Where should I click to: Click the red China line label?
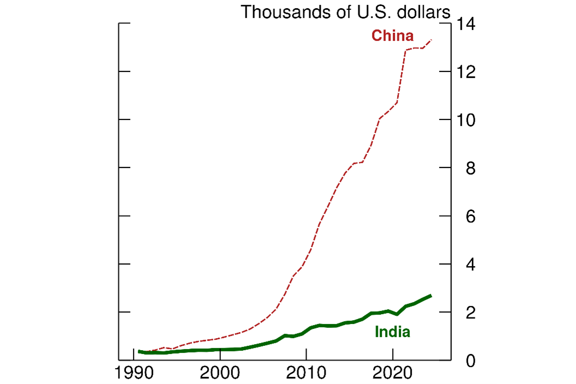click(x=392, y=37)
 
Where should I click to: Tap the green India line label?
click(x=392, y=332)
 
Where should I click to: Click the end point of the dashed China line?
click(x=431, y=39)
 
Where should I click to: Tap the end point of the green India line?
click(x=431, y=295)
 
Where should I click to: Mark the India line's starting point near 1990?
click(x=139, y=351)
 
